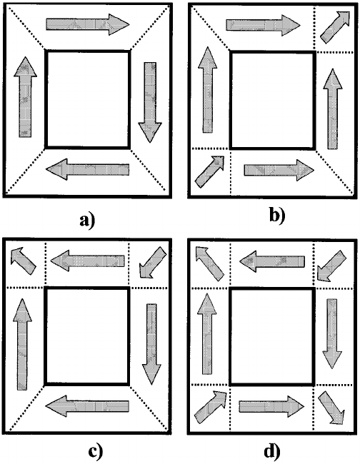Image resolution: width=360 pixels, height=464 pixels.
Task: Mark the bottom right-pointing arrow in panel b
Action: coord(276,170)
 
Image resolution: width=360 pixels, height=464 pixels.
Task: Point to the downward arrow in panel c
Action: coord(150,341)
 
